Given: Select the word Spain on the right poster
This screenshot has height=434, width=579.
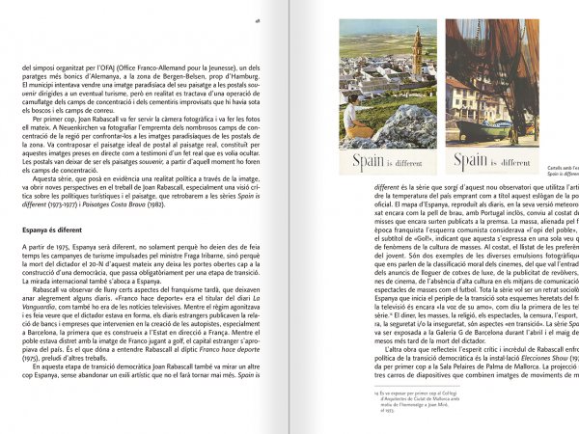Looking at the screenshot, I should [x=469, y=160].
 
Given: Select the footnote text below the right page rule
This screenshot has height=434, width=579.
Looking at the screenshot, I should [x=405, y=398].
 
